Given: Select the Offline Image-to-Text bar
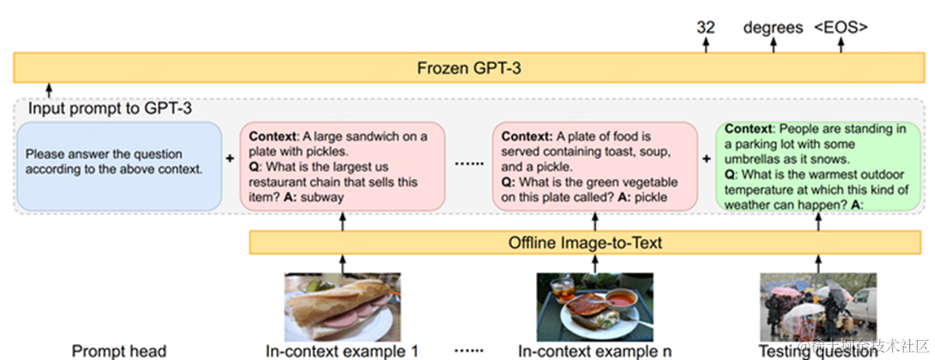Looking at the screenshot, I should (x=584, y=243).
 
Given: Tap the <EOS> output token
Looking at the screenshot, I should (x=840, y=27).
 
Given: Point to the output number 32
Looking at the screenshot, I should (x=706, y=27).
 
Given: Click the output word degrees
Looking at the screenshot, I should (x=773, y=27).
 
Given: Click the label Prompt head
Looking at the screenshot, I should (x=119, y=351).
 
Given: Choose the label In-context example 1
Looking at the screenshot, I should (x=342, y=351).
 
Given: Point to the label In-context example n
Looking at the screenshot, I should (x=594, y=351).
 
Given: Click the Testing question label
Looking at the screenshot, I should (x=819, y=351).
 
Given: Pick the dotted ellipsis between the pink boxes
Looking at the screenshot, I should (x=469, y=164).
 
